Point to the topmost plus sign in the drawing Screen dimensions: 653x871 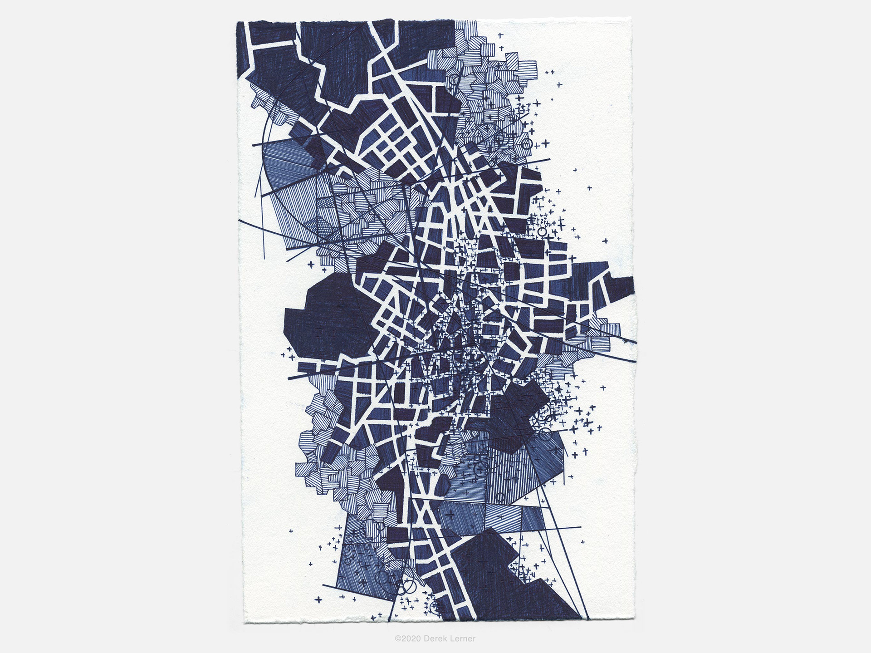501,35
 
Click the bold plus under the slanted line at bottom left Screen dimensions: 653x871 318,599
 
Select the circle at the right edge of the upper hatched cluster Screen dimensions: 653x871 527,144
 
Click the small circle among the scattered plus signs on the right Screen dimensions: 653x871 542,231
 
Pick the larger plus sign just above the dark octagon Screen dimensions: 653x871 312,264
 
